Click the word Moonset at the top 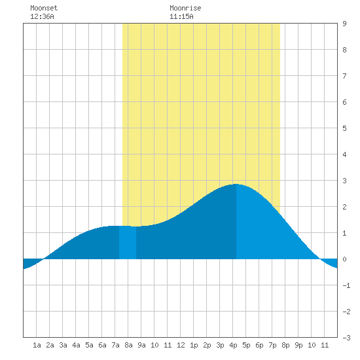click(44, 8)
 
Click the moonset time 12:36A click(42, 16)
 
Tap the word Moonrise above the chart click(185, 8)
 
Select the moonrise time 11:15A click(181, 16)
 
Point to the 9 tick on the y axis click(344, 24)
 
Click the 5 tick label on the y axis click(344, 128)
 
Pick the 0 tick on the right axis click(344, 259)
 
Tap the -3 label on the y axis click(346, 338)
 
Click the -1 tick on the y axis click(346, 285)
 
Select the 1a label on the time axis click(37, 345)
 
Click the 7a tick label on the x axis click(115, 345)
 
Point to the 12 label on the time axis click(181, 345)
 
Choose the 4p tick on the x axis click(233, 345)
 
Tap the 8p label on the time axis click(285, 345)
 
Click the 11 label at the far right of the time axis click(325, 345)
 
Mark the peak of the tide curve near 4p click(236, 184)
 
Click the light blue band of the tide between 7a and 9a click(128, 242)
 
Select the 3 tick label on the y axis click(344, 181)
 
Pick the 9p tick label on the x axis click(298, 345)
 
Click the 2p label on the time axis click(207, 345)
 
